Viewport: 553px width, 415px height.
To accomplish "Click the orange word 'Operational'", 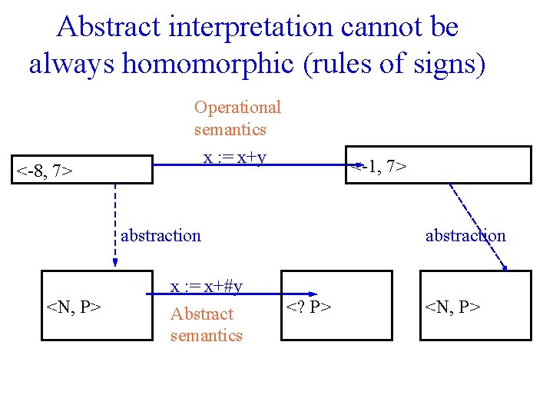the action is click(237, 108).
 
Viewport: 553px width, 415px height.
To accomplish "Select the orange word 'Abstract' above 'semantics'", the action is click(201, 314).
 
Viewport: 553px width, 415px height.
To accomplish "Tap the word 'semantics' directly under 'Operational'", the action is click(230, 129).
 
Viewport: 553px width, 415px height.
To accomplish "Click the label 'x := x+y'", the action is click(234, 158).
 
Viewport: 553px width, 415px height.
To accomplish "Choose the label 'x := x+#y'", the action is click(206, 287).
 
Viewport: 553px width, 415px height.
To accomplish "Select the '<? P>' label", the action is click(310, 307).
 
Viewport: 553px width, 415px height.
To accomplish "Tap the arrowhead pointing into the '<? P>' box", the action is click(313, 293).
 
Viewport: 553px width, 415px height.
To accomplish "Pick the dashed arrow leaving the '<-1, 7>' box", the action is click(476, 227).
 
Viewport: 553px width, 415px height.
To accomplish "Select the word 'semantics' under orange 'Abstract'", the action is click(206, 335).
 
